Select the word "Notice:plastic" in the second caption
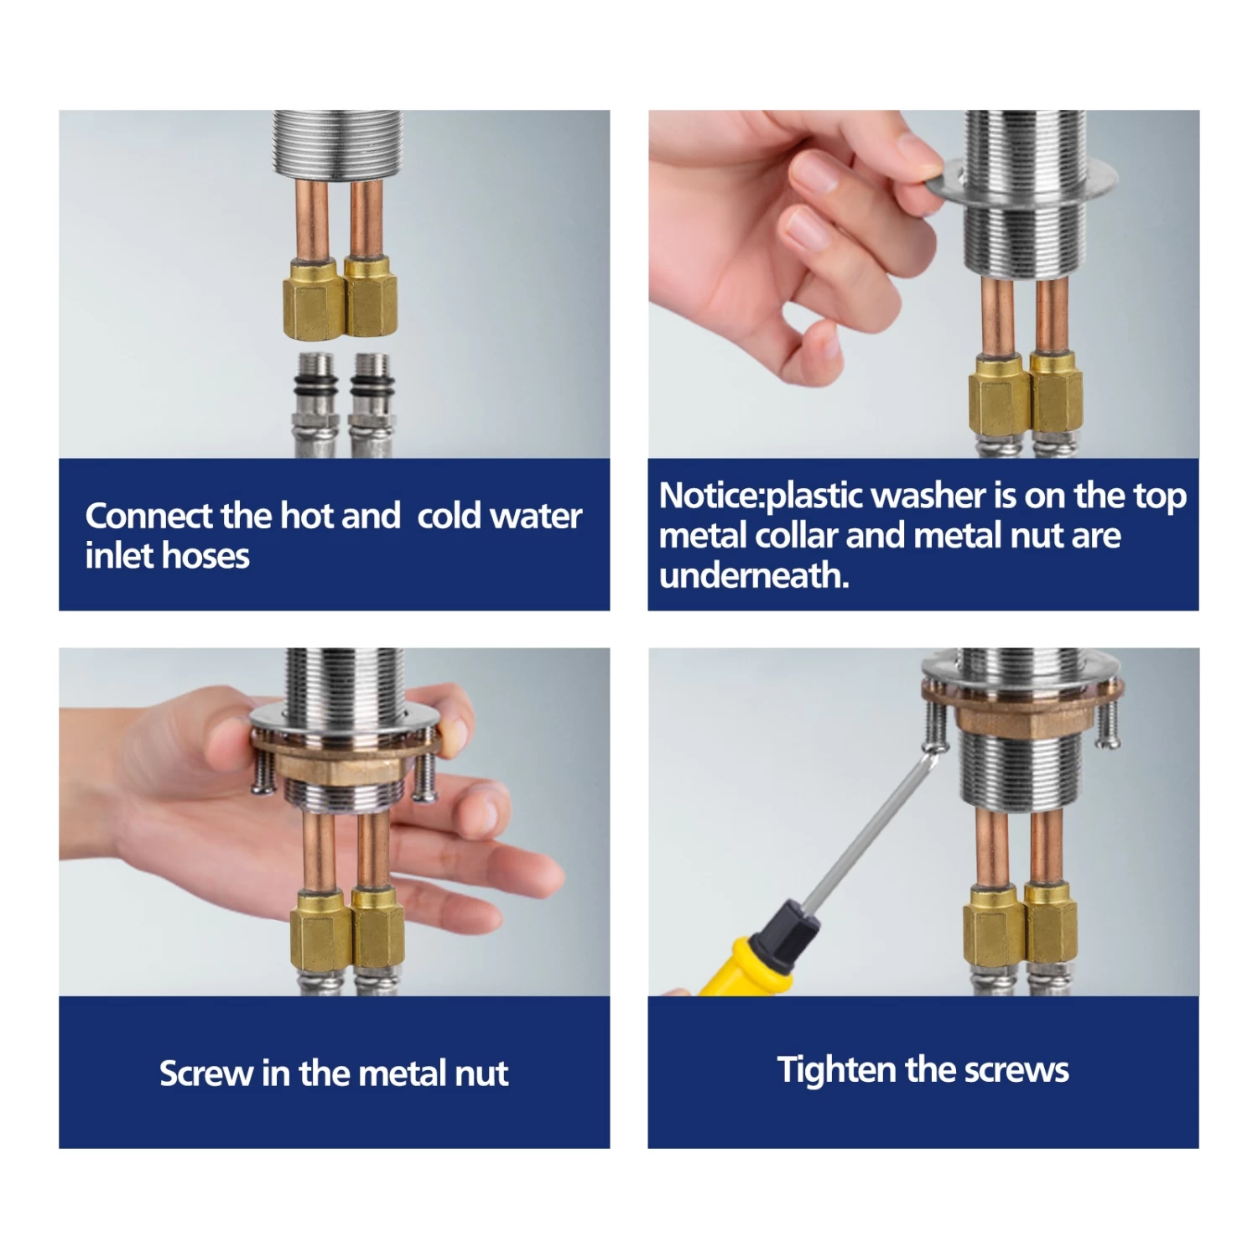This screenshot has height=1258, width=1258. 762,496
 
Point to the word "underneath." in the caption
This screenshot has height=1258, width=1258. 754,575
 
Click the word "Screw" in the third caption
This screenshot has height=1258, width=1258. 206,1073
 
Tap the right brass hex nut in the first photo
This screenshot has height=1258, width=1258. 372,298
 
